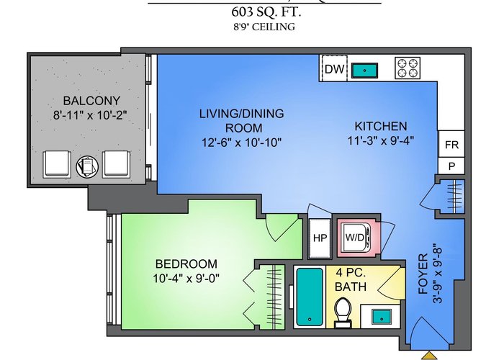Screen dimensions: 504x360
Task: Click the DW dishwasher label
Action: click(x=334, y=69)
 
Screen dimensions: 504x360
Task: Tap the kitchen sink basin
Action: click(x=364, y=71)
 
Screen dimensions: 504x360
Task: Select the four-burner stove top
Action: click(x=408, y=68)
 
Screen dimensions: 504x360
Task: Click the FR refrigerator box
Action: click(x=451, y=144)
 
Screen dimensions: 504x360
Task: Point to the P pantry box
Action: click(x=451, y=166)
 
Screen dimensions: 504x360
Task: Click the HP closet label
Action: click(x=320, y=238)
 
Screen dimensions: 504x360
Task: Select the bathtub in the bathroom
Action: click(x=310, y=297)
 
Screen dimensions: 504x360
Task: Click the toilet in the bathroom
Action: click(x=343, y=312)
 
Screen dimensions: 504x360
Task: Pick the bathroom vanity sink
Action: click(x=382, y=317)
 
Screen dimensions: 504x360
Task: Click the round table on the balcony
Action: click(x=87, y=166)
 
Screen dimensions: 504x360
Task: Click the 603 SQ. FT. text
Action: click(x=266, y=12)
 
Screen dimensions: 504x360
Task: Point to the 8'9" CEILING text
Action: click(x=264, y=27)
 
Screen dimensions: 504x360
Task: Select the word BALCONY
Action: click(x=91, y=101)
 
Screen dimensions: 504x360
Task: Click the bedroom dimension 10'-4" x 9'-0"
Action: click(x=186, y=278)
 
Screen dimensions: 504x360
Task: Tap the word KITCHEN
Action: click(x=381, y=126)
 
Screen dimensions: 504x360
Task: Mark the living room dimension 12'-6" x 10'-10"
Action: click(x=242, y=142)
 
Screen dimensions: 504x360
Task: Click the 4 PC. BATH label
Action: click(x=351, y=279)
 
